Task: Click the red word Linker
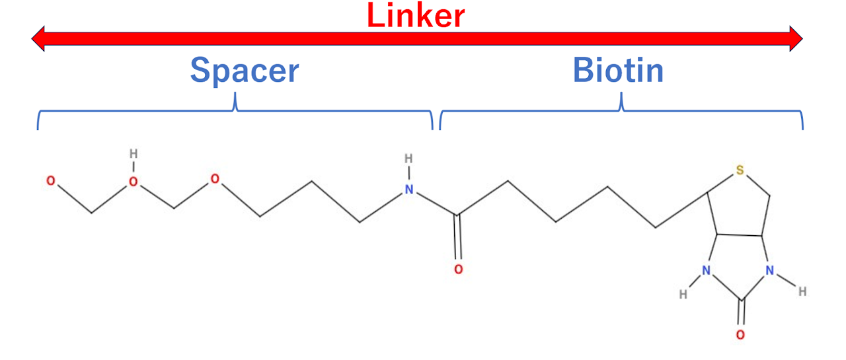tap(416, 15)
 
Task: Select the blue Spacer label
tap(245, 71)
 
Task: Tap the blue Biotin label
tap(618, 70)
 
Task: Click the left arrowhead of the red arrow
tap(38, 38)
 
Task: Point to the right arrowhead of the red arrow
tap(796, 38)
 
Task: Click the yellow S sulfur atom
tap(740, 170)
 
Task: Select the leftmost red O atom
tap(51, 181)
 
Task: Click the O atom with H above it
tap(134, 182)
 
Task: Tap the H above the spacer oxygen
tap(134, 154)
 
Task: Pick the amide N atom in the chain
tap(409, 190)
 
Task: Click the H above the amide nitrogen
tap(408, 159)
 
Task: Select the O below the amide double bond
tap(459, 270)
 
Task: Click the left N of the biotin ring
tap(707, 271)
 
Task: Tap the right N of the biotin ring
tap(770, 270)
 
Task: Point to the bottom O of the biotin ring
tap(740, 335)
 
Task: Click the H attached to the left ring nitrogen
tap(683, 295)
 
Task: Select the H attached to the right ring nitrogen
tap(802, 291)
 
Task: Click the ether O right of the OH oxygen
tap(215, 179)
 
